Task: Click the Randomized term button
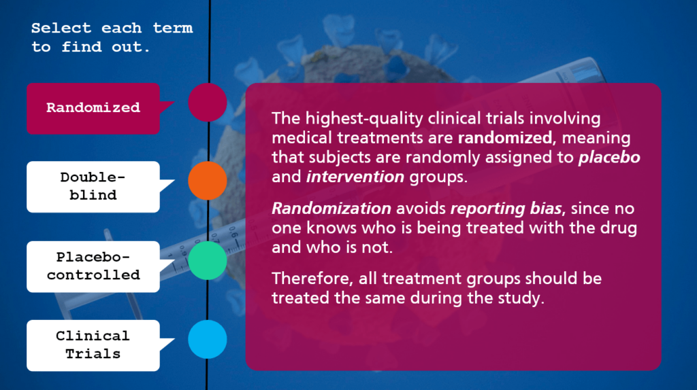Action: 93,108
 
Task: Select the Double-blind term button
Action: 93,187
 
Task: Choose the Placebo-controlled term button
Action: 93,266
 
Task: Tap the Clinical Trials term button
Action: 93,345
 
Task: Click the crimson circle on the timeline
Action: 208,102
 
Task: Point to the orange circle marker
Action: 208,181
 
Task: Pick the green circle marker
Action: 208,260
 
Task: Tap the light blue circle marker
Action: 208,339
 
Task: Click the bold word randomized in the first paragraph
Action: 504,138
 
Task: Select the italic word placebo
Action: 609,158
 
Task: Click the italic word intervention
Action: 355,177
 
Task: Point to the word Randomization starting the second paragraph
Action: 331,208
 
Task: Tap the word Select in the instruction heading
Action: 61,28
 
